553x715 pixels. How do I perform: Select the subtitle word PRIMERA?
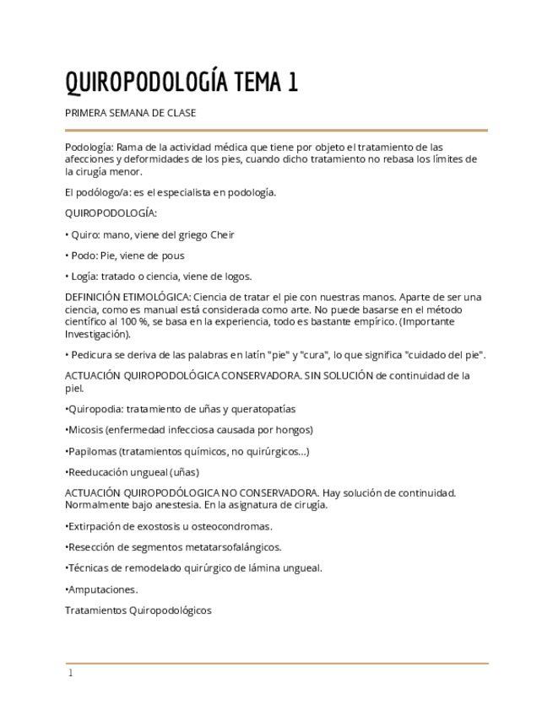(85, 113)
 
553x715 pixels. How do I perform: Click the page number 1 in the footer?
(71, 674)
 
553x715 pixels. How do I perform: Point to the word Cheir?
(222, 235)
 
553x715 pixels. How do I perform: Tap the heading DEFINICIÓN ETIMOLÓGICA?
(127, 298)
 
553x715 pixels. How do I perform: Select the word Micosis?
(85, 430)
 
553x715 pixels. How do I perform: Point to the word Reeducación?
(98, 472)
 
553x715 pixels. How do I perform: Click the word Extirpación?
(95, 526)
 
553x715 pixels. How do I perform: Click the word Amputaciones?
(102, 589)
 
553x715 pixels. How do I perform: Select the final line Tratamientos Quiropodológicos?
(138, 610)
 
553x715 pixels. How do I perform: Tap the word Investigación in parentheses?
(96, 334)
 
